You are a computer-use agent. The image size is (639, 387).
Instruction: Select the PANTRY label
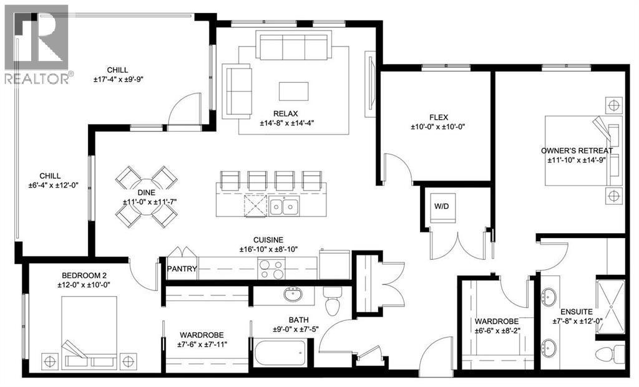point(182,269)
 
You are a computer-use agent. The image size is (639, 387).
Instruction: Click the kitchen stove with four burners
point(272,269)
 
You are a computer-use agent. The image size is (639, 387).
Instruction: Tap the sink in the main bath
point(291,294)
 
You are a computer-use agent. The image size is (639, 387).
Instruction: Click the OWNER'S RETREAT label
point(577,150)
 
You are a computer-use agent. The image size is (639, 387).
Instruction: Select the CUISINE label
point(268,240)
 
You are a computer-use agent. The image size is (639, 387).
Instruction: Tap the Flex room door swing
point(396,166)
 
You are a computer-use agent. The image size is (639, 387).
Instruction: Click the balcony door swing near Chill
point(185,110)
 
